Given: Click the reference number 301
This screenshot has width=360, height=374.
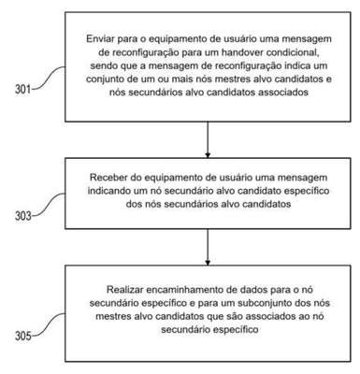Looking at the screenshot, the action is tap(23, 90).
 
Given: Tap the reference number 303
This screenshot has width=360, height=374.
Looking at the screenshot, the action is tap(23, 216).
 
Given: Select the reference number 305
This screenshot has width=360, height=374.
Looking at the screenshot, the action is tap(23, 337).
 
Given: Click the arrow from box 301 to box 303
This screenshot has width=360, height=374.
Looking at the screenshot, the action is tap(208, 139).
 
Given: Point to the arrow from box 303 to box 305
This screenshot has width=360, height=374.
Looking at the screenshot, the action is tap(208, 247).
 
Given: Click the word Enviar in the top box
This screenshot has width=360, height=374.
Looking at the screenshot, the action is tap(100, 39).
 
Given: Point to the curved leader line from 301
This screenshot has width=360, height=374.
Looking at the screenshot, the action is tap(49, 78).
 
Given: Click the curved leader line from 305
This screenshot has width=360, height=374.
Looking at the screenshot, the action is tap(49, 324).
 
